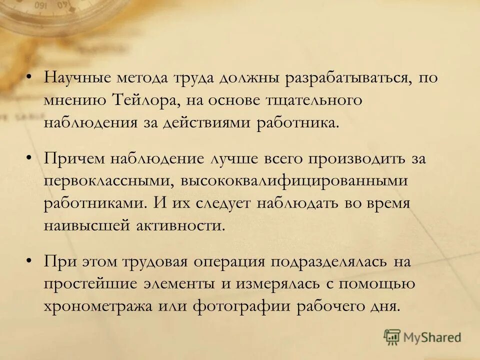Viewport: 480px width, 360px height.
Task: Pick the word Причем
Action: tap(73, 158)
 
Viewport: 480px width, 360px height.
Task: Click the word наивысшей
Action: tap(85, 226)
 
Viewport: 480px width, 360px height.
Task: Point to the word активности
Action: tap(180, 226)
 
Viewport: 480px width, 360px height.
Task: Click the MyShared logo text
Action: tap(433, 337)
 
